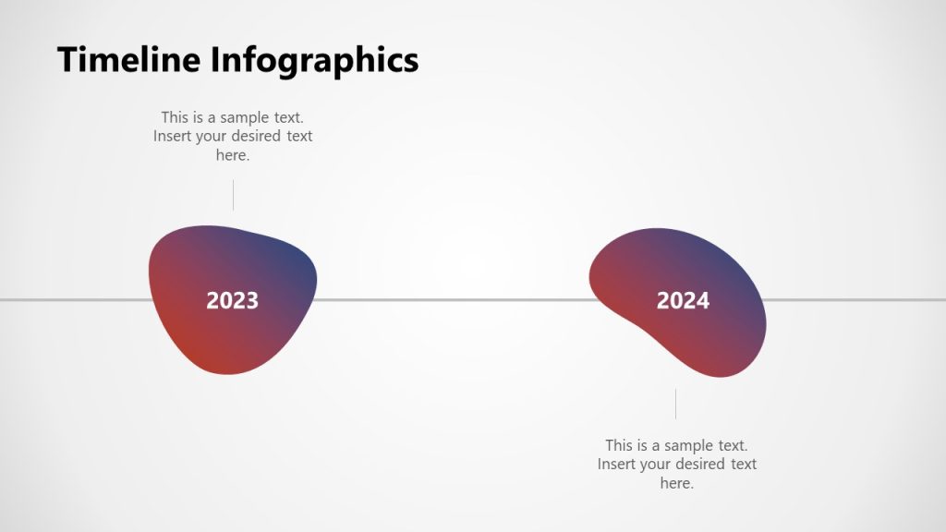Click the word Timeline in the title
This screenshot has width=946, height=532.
(x=130, y=60)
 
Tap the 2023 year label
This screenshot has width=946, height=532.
(x=232, y=300)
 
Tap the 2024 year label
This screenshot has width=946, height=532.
(x=683, y=300)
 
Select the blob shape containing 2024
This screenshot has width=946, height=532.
(x=711, y=342)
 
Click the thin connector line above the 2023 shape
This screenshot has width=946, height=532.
(x=233, y=195)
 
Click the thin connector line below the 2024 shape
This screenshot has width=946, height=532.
(x=675, y=404)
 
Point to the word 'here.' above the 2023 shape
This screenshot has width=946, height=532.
(x=233, y=156)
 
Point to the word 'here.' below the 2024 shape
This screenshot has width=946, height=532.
(x=677, y=484)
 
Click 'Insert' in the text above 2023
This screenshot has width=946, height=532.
(x=173, y=137)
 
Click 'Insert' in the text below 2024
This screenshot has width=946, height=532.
(x=617, y=465)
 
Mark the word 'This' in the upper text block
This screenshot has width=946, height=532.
(x=176, y=117)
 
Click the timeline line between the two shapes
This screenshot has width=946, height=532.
(x=453, y=299)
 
